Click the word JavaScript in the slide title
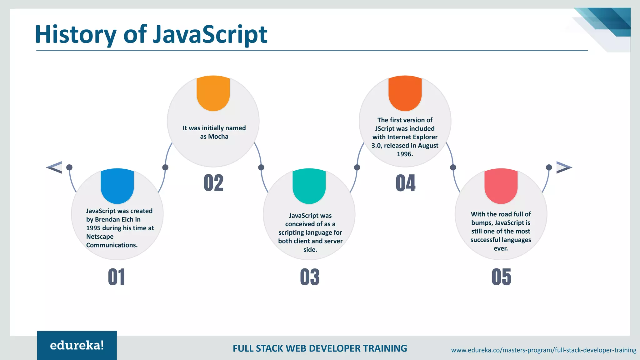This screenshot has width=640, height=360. [x=210, y=34]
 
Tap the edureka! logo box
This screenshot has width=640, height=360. [x=77, y=345]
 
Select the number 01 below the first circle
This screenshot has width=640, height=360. [x=116, y=277]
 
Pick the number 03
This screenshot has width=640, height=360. [x=310, y=277]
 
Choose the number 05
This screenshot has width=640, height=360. [x=501, y=277]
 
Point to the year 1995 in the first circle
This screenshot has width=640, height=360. [x=93, y=228]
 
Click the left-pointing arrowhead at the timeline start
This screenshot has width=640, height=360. [x=55, y=167]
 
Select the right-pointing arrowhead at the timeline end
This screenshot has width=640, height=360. [x=563, y=167]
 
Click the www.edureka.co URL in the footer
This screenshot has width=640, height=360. [x=543, y=350]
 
